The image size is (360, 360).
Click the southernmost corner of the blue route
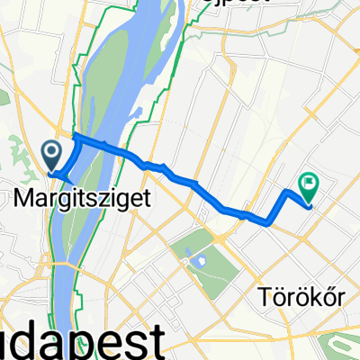point(267,222)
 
